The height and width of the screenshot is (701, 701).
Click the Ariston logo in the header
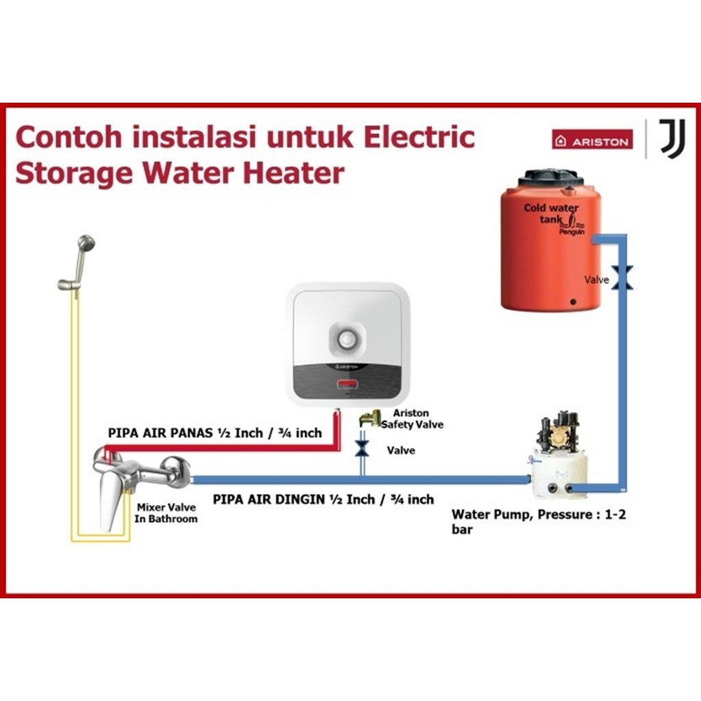(x=592, y=140)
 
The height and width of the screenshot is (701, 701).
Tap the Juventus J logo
(x=672, y=138)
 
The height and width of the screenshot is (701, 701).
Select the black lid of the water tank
(x=550, y=177)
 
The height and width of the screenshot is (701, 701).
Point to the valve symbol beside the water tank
(x=622, y=278)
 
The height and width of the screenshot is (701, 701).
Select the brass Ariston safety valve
(x=372, y=418)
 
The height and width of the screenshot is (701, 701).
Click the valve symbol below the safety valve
(x=363, y=450)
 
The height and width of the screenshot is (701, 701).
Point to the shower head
(x=86, y=244)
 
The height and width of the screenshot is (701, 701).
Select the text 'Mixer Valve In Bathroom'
(x=166, y=513)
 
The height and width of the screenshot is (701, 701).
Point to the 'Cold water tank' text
(x=551, y=213)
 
